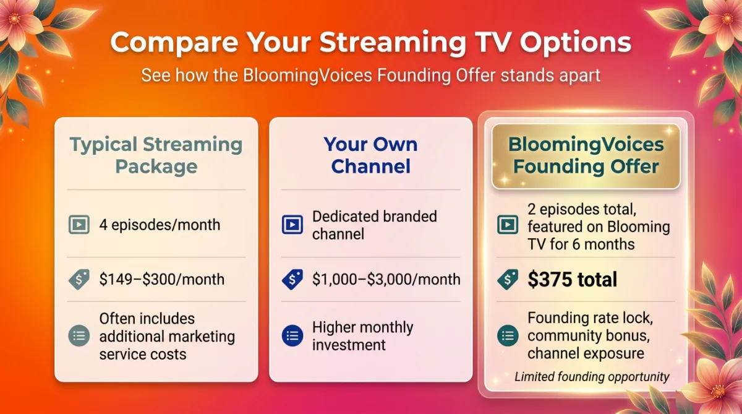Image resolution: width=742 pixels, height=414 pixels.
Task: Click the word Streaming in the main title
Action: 393,43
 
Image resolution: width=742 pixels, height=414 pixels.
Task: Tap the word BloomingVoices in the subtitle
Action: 308,75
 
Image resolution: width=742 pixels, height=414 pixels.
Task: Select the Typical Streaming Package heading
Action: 156,155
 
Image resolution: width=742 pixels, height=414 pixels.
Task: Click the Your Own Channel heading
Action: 370,155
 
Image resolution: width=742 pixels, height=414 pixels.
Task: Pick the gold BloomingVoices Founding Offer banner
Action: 586,156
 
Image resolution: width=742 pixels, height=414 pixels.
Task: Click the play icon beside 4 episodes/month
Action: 79,225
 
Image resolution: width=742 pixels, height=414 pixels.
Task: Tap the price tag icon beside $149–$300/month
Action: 79,280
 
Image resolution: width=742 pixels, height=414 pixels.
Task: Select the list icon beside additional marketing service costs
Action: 79,336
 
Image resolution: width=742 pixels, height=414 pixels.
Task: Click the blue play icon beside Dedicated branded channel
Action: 292,225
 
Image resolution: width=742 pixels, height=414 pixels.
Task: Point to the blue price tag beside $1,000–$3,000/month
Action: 292,280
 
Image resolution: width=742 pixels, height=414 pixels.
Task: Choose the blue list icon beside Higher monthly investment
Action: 292,336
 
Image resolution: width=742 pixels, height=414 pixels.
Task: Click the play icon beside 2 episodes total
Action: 508,225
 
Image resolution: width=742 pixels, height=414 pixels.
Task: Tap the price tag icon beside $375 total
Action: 508,280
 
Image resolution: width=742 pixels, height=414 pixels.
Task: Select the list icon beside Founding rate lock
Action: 508,336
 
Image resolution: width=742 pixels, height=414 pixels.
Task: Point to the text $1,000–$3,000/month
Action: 386,280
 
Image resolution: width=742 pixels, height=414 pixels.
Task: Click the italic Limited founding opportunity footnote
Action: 592,377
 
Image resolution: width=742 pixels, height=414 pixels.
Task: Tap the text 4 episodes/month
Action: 160,225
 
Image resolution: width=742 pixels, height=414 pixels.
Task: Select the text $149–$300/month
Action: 161,280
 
